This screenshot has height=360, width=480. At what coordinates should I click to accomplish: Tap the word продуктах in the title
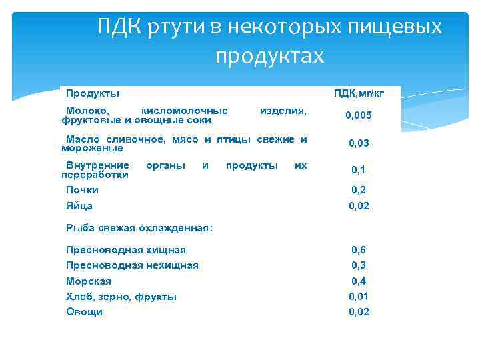269,56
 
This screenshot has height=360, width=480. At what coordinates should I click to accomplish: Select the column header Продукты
93,93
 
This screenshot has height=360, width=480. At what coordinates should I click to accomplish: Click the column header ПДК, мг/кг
359,93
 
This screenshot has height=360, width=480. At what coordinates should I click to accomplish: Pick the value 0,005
359,115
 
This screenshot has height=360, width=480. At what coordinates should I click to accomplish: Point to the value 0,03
359,143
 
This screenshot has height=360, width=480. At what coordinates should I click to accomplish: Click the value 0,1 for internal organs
359,171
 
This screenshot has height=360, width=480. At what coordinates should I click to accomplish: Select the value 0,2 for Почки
359,190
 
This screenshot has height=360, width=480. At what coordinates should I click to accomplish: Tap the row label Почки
82,190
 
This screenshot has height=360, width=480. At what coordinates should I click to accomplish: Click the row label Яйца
79,206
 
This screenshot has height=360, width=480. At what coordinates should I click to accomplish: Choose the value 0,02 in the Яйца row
359,206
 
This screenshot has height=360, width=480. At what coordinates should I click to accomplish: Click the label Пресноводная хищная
126,250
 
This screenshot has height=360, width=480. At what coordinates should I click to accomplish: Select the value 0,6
359,250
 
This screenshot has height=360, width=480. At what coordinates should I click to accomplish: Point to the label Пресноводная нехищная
132,265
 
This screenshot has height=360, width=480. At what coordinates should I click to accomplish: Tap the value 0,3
359,265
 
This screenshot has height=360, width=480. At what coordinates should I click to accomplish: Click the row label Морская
89,281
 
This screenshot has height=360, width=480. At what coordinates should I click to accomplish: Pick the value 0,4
359,281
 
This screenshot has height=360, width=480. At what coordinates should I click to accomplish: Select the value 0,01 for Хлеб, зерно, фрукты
359,297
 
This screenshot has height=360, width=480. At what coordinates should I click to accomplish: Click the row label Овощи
84,312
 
